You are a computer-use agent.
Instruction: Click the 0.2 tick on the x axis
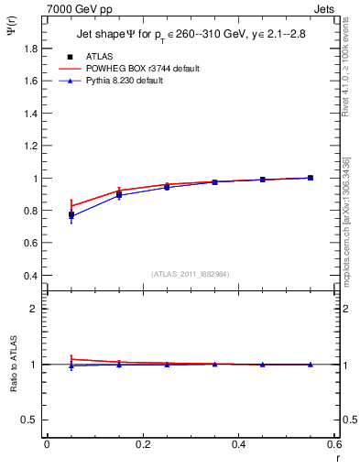(x=142, y=444)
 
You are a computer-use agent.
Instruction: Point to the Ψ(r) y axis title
(x=10, y=31)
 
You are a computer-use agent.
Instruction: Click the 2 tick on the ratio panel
(x=34, y=309)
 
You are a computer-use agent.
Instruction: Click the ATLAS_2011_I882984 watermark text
(x=191, y=274)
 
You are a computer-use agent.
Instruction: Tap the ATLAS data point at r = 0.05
(x=71, y=215)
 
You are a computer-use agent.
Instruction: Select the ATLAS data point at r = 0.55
(x=311, y=178)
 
